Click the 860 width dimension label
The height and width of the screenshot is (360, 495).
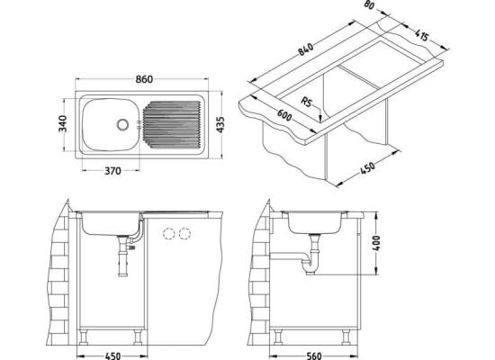coord(144,79)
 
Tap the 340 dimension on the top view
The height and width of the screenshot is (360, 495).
coord(63,123)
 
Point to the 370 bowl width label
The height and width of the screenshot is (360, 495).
coord(112,171)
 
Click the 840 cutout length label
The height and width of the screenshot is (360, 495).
coord(306,49)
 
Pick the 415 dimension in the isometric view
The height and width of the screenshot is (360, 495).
coord(421,35)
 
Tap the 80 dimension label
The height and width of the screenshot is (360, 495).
coord(369,5)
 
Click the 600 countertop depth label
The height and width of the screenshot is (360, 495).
coord(284,115)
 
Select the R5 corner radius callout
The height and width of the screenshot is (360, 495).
coord(306,102)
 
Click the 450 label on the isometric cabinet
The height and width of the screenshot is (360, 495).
coord(367,168)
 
